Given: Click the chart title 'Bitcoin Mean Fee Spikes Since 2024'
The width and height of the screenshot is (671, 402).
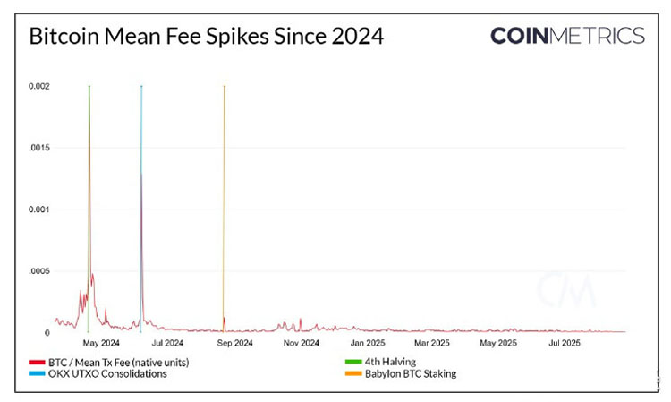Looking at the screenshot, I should click(x=207, y=37).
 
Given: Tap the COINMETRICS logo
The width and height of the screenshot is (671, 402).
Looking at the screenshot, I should click(x=567, y=36).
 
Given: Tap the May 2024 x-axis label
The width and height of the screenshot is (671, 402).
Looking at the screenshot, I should click(x=101, y=343).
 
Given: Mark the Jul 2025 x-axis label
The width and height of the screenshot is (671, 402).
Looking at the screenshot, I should click(x=564, y=343).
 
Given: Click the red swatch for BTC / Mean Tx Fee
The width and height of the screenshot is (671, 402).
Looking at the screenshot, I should click(x=37, y=362).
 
